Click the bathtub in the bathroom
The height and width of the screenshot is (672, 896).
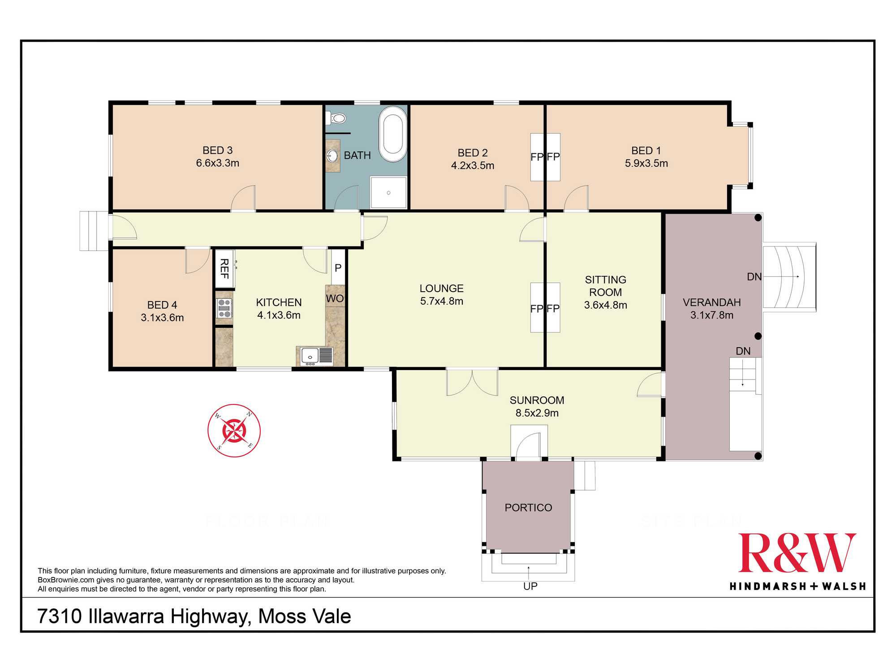click(393, 134)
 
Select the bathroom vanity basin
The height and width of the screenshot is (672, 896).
click(332, 156)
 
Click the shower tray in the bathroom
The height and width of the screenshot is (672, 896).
click(388, 192)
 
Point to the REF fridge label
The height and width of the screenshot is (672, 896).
click(224, 269)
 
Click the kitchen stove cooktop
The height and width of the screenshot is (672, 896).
click(224, 308)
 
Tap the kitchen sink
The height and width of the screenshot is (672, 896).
click(317, 356)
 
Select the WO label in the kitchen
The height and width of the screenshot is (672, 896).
click(335, 298)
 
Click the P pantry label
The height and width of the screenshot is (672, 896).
click(338, 268)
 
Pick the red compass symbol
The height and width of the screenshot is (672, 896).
click(234, 431)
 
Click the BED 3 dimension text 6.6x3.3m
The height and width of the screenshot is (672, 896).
click(218, 163)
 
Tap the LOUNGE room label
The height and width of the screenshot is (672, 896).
click(442, 289)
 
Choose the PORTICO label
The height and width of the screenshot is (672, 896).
click(528, 508)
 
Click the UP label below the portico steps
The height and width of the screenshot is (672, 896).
click(530, 586)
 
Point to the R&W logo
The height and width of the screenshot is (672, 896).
click(797, 562)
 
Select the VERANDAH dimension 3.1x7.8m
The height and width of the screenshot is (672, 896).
click(712, 315)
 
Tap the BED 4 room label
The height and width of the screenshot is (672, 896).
click(162, 305)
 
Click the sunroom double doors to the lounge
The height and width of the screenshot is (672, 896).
click(472, 382)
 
